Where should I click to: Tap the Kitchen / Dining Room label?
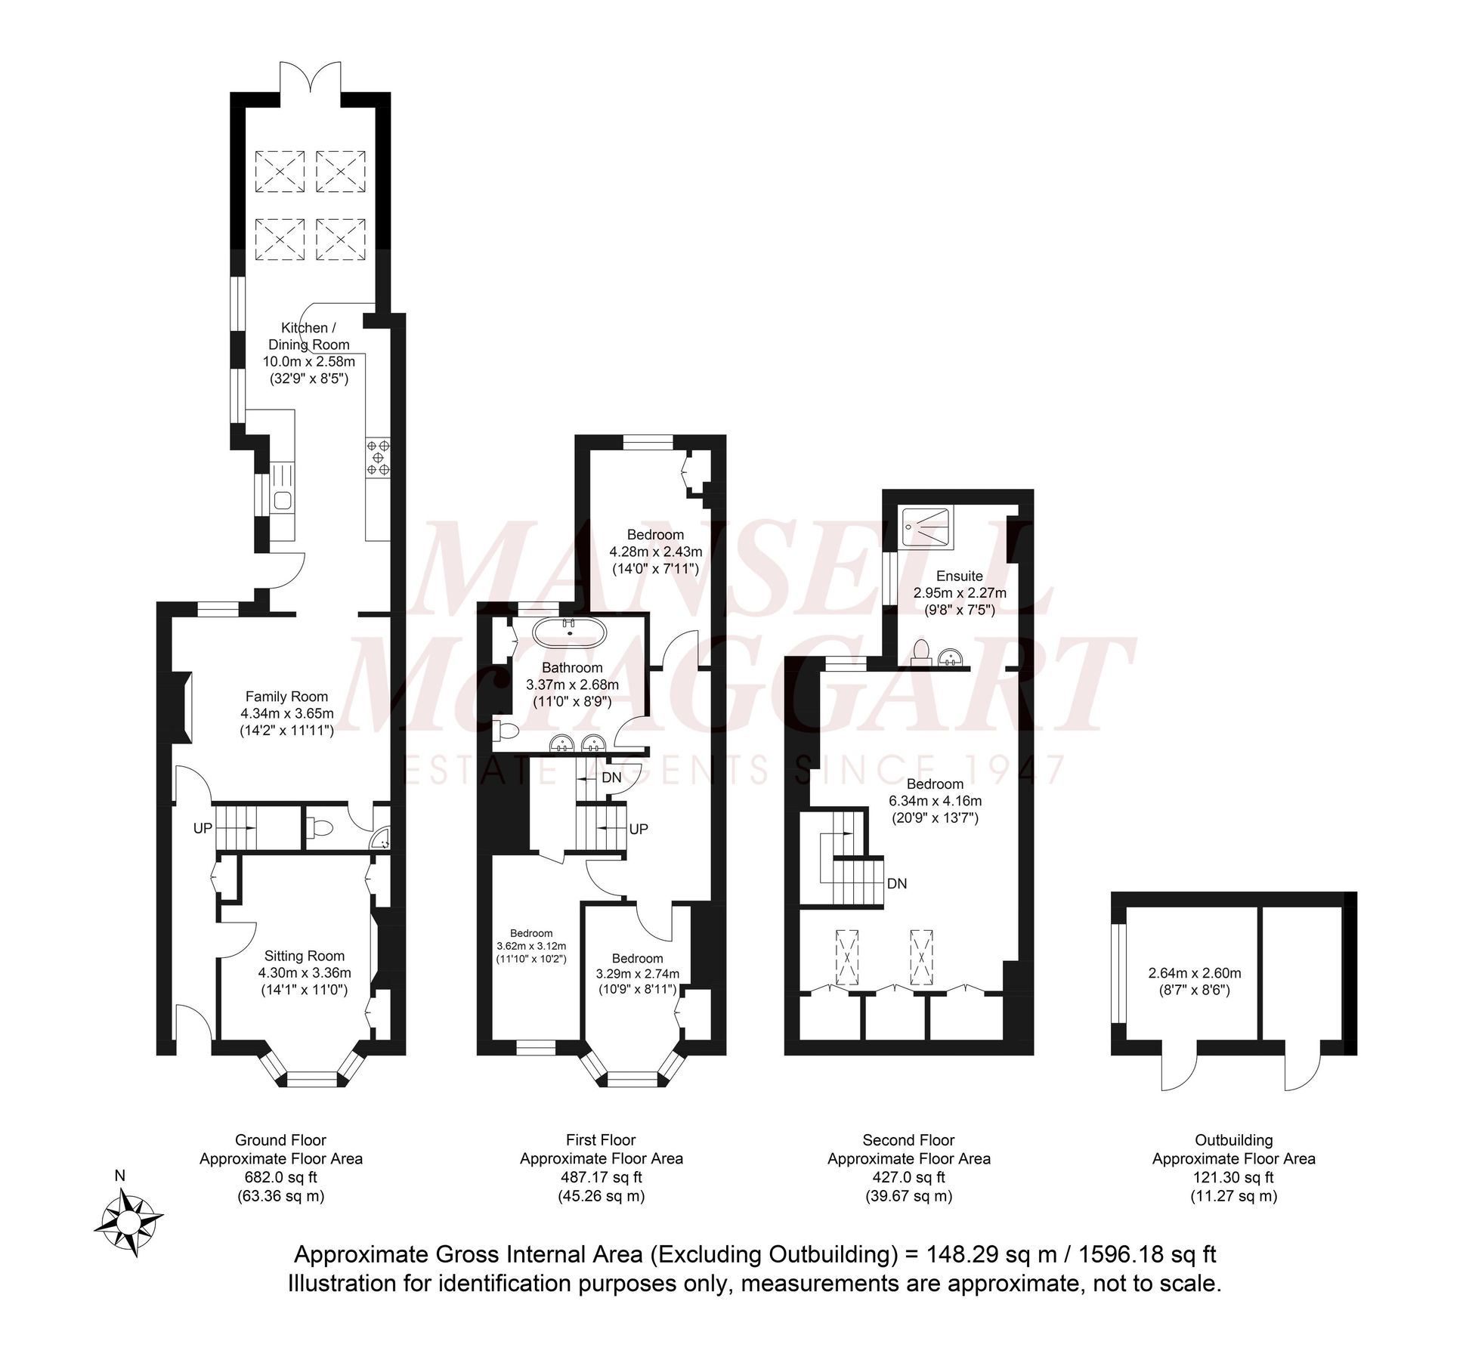308,336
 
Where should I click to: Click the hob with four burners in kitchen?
379,457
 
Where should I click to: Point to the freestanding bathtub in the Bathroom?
569,633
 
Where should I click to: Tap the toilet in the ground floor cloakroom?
320,828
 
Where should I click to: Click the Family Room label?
286,697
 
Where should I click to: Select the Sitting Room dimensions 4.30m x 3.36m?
305,973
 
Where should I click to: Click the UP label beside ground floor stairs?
203,828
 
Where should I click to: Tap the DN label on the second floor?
897,883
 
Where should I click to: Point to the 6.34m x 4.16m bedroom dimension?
935,801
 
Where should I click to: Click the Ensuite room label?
959,576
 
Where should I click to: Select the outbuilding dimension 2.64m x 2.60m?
1194,973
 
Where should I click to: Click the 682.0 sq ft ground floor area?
280,1177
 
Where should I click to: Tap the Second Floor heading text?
908,1140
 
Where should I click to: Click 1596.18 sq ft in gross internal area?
1147,1255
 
